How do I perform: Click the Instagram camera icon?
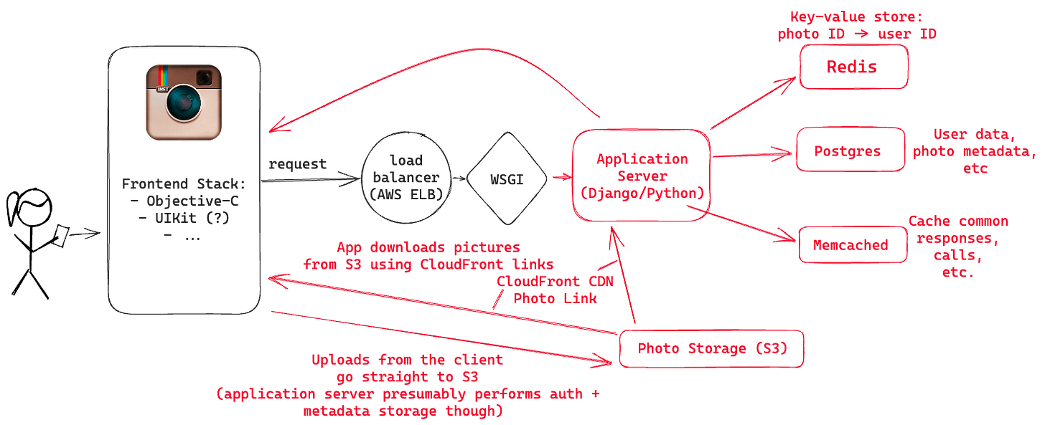coord(183,102)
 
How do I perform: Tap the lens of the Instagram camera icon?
coord(184,104)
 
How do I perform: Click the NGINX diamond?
coord(507,178)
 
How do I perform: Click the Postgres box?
coord(850,151)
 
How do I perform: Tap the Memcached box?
coord(852,244)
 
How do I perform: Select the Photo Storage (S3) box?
coord(713,350)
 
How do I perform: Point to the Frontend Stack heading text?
coord(184,182)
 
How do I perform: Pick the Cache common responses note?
coord(959,247)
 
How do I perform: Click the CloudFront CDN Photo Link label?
coord(554,289)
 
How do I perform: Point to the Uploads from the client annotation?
coord(408,385)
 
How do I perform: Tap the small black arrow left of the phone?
coord(86,233)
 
